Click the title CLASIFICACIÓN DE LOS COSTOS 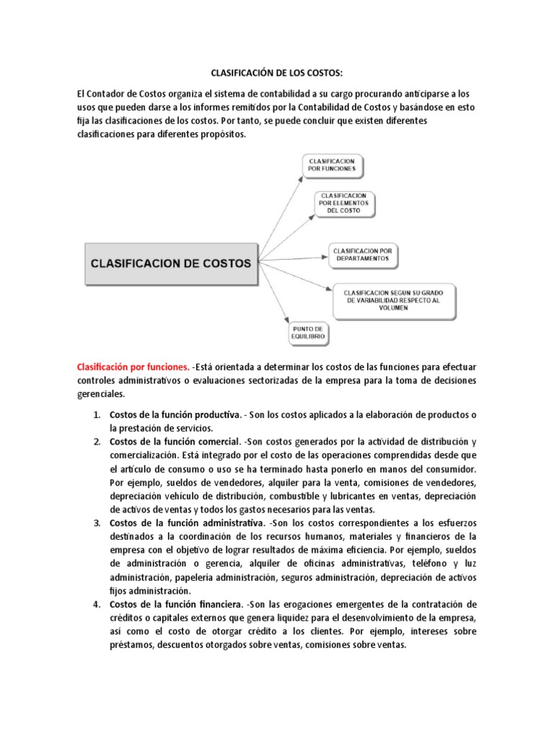coord(277,73)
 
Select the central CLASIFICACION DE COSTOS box coord(170,263)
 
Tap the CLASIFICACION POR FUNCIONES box coord(333,164)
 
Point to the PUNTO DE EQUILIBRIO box coord(308,333)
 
